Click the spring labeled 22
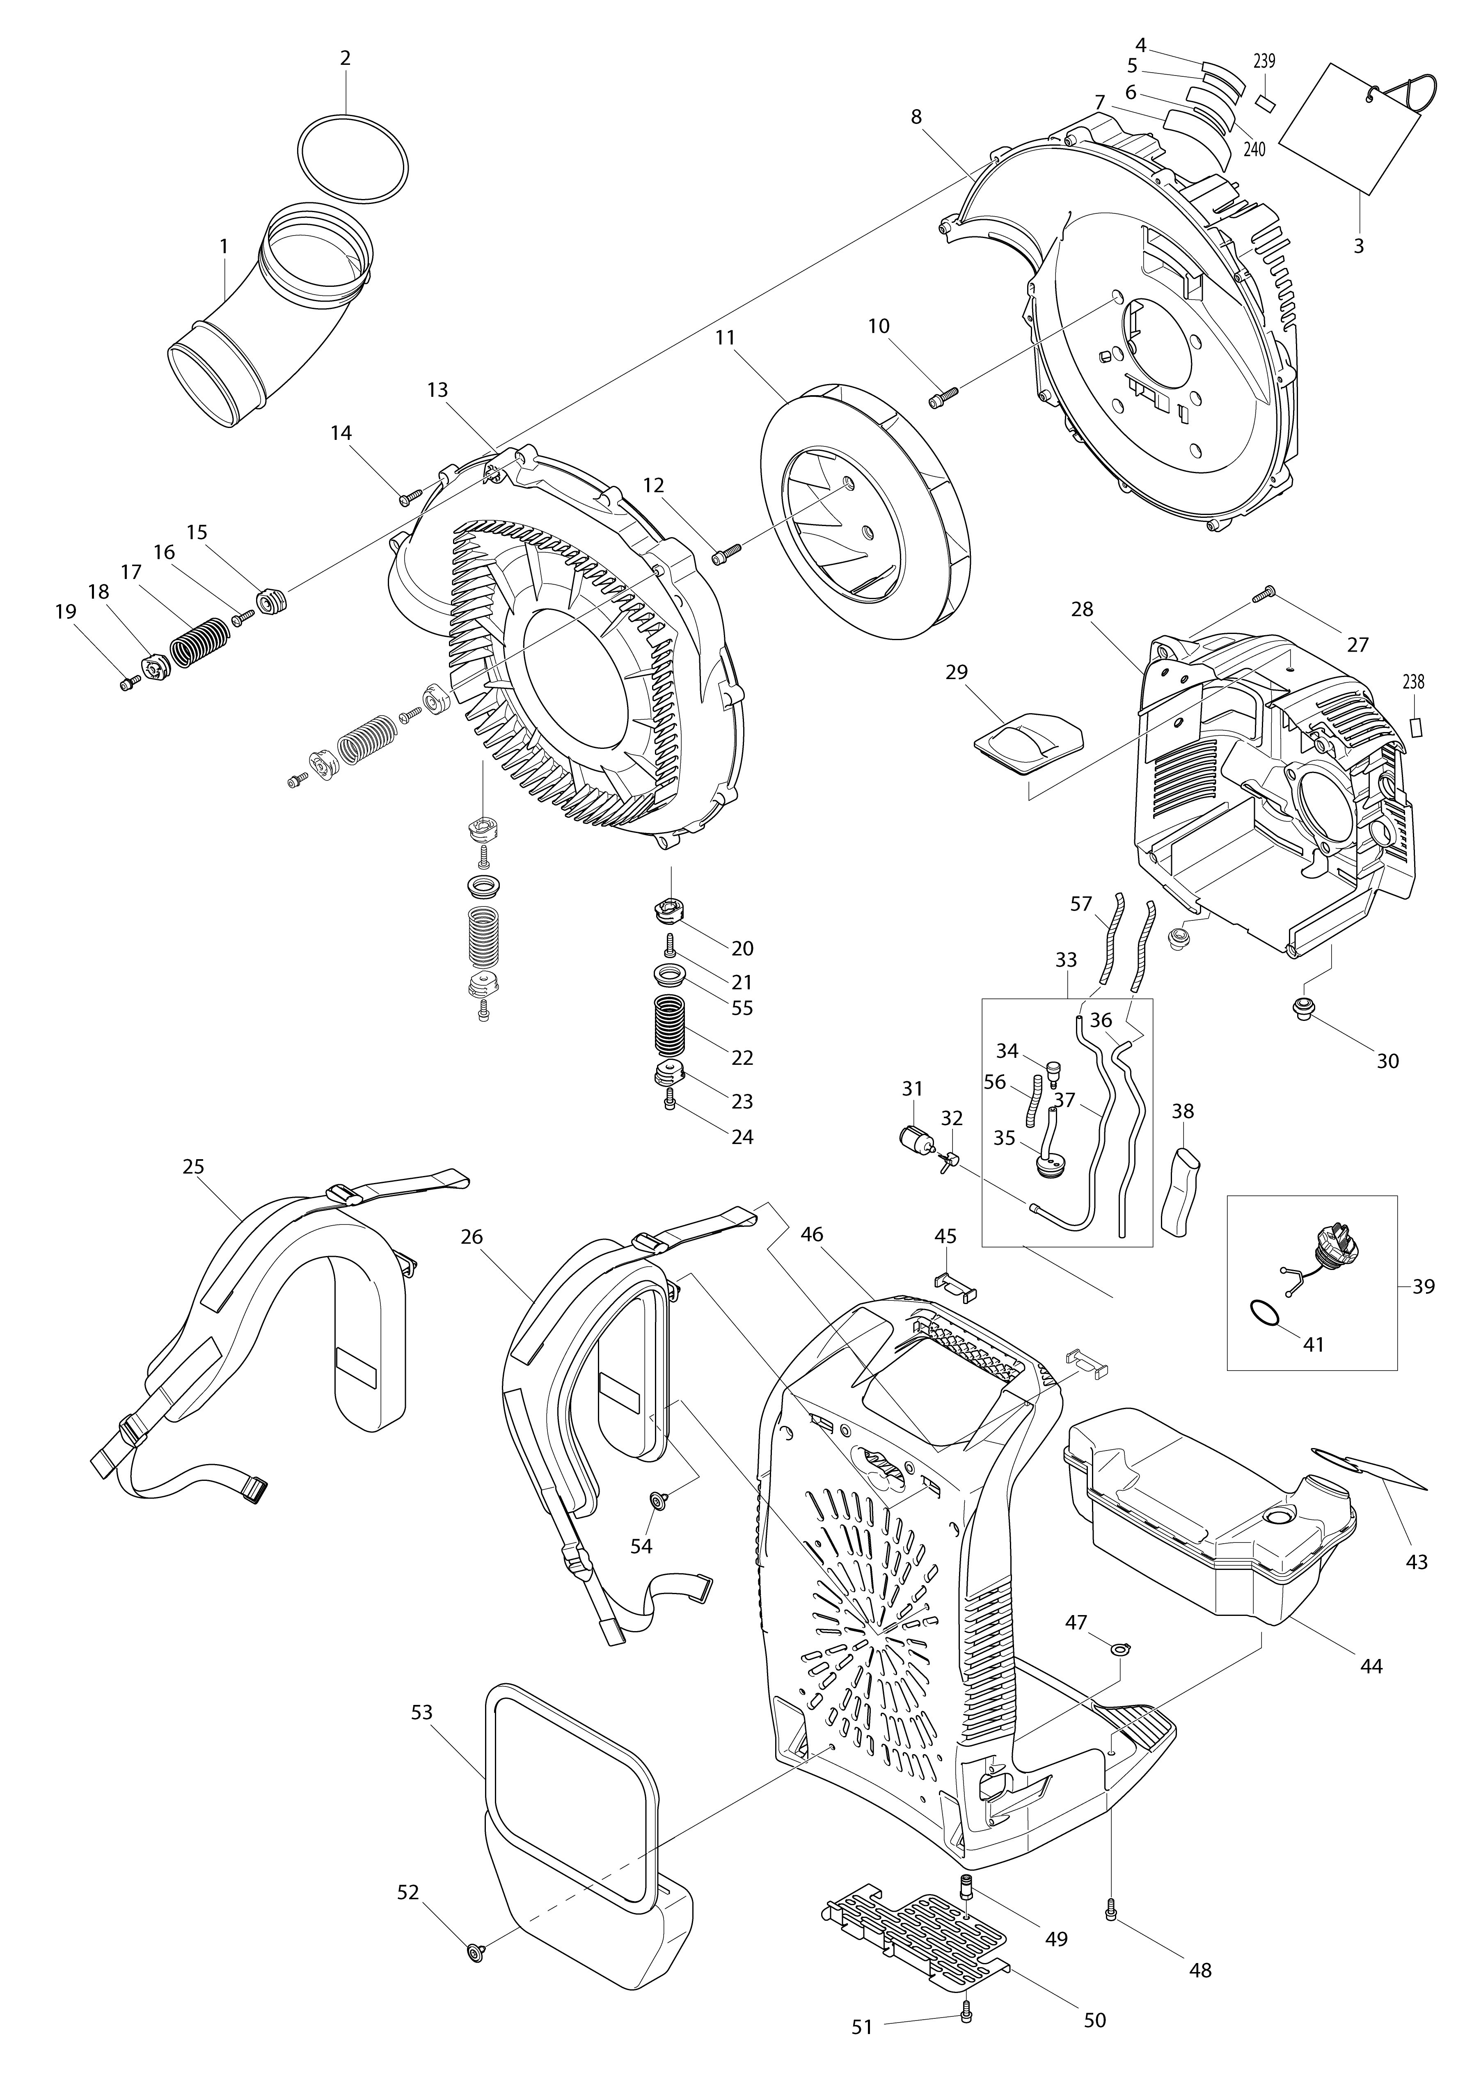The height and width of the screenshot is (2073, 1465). click(669, 1026)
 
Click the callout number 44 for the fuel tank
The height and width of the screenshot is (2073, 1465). click(1370, 1665)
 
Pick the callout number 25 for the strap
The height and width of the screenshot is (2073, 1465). click(193, 1167)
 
